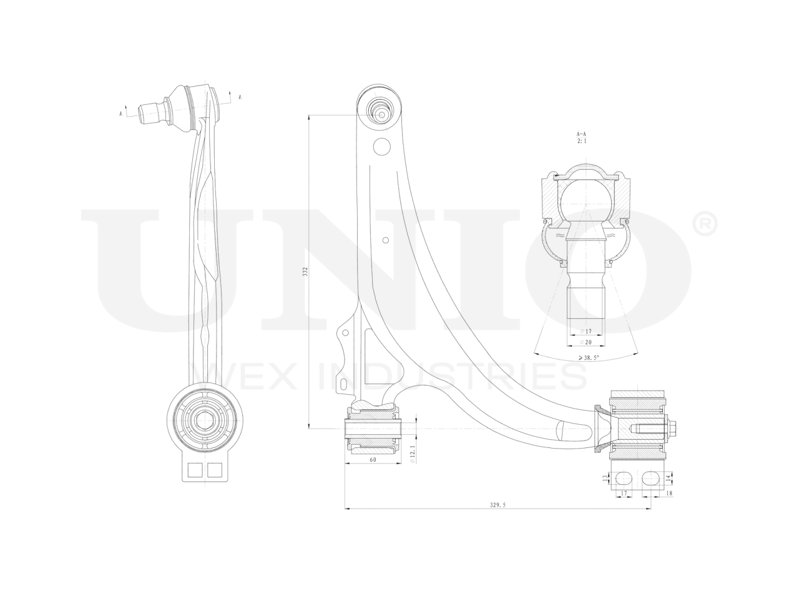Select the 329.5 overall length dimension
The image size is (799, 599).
point(497,504)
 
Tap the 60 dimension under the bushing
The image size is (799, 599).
point(373,459)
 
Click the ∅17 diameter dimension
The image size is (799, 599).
point(586,331)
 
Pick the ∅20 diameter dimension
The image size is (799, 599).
point(586,342)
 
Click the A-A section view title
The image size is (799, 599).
point(581,134)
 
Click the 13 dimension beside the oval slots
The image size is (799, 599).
point(604,478)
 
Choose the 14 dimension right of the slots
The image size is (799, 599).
point(669,478)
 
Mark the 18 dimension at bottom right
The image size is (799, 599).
point(669,493)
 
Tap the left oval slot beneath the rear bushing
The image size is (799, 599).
point(623,478)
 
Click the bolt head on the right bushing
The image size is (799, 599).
point(677,429)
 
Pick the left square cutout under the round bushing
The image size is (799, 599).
point(194,470)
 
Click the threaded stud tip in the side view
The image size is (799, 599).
point(145,113)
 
